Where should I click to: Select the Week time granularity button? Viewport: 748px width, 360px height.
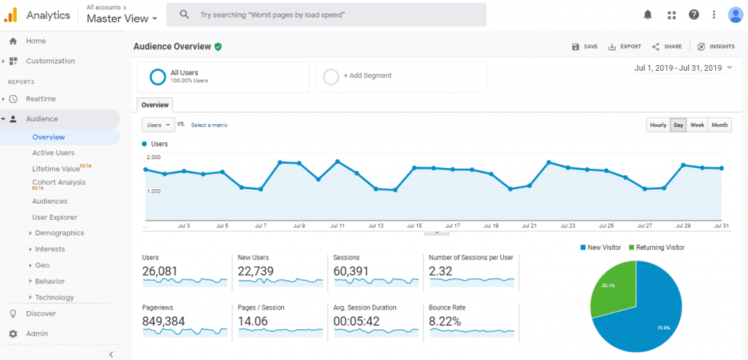pyautogui.click(x=698, y=125)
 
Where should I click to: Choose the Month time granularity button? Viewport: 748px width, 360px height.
pyautogui.click(x=720, y=125)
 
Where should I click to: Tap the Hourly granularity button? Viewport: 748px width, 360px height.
pyautogui.click(x=658, y=125)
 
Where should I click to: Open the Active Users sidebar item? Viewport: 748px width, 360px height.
pyautogui.click(x=53, y=153)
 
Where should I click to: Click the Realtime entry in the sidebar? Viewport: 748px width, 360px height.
pyautogui.click(x=41, y=99)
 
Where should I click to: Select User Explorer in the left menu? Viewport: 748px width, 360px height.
pyautogui.click(x=55, y=217)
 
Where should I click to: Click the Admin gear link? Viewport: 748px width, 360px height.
pyautogui.click(x=37, y=334)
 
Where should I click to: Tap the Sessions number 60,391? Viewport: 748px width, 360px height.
pyautogui.click(x=351, y=271)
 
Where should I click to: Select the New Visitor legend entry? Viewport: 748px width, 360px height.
pyautogui.click(x=601, y=248)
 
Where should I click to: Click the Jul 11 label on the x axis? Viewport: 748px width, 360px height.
pyautogui.click(x=337, y=226)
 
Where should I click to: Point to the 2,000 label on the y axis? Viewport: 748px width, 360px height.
pyautogui.click(x=153, y=157)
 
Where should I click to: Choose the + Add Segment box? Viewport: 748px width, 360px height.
pyautogui.click(x=367, y=76)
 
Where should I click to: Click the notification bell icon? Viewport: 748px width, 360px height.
pyautogui.click(x=648, y=15)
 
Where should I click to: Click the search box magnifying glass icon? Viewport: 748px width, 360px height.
pyautogui.click(x=185, y=15)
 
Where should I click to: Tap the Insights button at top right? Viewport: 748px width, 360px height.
pyautogui.click(x=716, y=47)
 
